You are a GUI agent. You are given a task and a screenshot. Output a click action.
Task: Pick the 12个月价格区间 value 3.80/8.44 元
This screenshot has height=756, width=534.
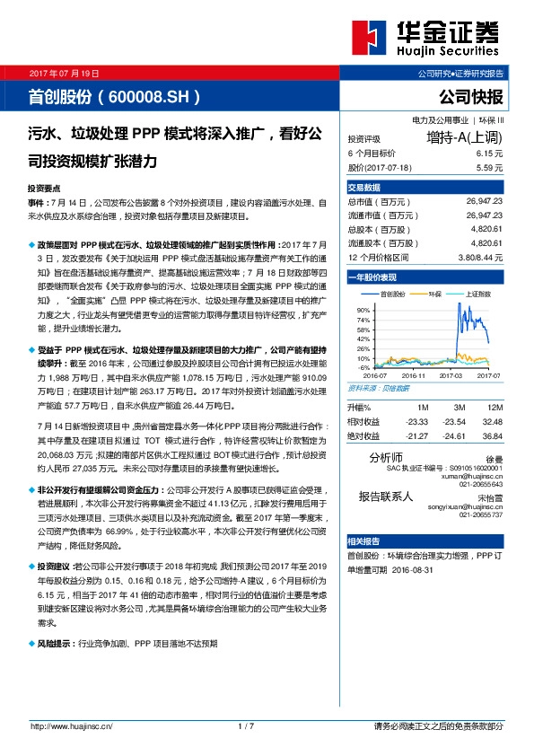(477, 257)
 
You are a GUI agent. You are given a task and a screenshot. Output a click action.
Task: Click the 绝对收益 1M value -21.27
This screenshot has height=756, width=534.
(416, 435)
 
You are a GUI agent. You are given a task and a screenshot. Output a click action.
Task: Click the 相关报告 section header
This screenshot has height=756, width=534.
(363, 541)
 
